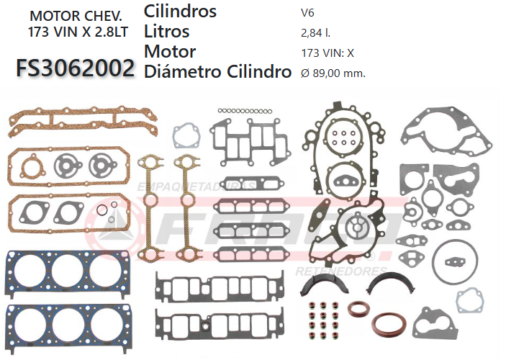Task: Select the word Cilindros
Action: [x=180, y=11]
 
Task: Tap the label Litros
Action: [x=167, y=31]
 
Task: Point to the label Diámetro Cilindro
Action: [x=217, y=72]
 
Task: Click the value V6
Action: [x=307, y=12]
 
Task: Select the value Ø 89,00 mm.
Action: [x=333, y=73]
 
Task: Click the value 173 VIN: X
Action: [x=327, y=53]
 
